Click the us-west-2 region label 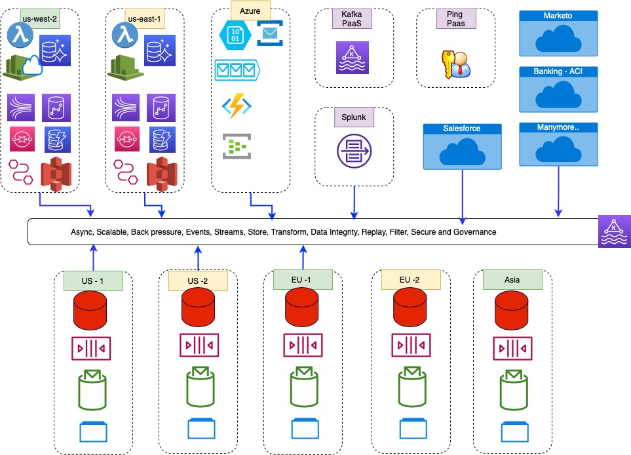point(40,19)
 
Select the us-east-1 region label point(144,19)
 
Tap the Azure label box point(250,10)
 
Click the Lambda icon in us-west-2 point(20,35)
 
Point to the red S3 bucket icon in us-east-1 point(162,174)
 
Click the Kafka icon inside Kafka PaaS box point(352,58)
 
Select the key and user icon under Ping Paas point(456,64)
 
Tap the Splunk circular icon point(354,151)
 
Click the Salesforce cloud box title point(462,129)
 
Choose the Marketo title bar point(558,16)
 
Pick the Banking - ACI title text point(558,71)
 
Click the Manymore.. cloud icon point(558,149)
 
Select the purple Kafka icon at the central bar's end point(615,231)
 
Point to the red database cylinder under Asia point(512,310)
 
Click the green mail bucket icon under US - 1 point(92,390)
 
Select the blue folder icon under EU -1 point(305,428)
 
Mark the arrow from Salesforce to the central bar point(463,197)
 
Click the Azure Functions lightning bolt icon point(237,106)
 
